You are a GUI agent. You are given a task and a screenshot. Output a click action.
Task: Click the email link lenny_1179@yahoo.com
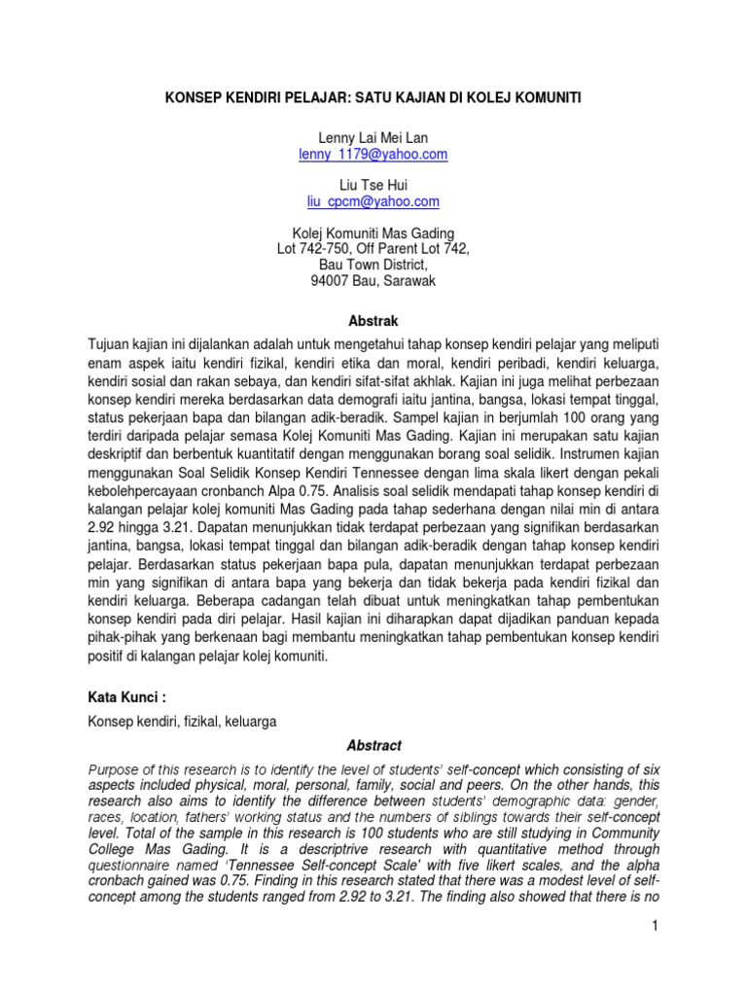[373, 155]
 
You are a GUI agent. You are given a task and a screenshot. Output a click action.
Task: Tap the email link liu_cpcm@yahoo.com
[373, 201]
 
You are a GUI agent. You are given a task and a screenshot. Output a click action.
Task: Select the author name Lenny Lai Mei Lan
[373, 139]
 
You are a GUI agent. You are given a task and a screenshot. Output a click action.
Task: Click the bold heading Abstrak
[373, 320]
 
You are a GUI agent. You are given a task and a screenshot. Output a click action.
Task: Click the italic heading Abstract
[373, 746]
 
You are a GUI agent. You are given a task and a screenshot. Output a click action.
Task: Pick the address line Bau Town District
[373, 265]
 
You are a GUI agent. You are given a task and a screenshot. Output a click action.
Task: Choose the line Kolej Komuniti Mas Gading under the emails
[373, 233]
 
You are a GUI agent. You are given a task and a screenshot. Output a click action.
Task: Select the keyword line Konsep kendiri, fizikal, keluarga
[183, 723]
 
